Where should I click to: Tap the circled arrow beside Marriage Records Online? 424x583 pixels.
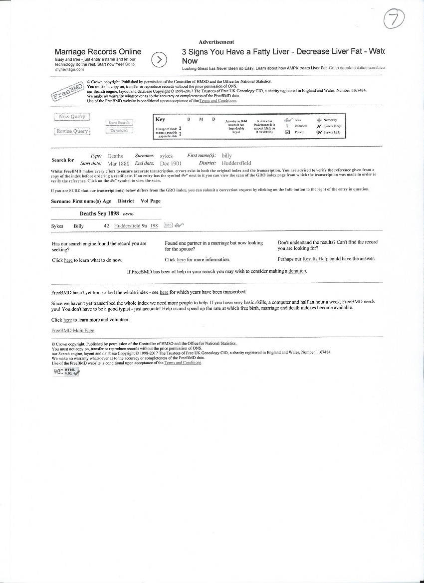159,59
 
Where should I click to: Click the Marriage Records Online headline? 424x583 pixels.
98,52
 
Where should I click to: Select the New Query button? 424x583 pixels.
72,117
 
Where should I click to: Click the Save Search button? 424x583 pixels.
119,123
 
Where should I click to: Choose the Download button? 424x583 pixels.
119,131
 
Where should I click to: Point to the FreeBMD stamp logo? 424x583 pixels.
67,92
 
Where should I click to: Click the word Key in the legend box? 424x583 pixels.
160,120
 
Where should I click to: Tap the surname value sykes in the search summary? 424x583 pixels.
166,156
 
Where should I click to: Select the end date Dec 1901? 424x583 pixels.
171,164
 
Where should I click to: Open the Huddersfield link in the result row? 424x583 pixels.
127,226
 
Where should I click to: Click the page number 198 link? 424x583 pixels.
154,226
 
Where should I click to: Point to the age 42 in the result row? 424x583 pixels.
106,226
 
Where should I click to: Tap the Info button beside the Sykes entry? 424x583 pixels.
168,225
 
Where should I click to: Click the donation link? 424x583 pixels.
297,271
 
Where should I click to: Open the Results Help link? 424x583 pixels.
315,259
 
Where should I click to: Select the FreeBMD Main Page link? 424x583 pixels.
73,331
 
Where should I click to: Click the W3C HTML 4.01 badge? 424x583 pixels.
66,372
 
